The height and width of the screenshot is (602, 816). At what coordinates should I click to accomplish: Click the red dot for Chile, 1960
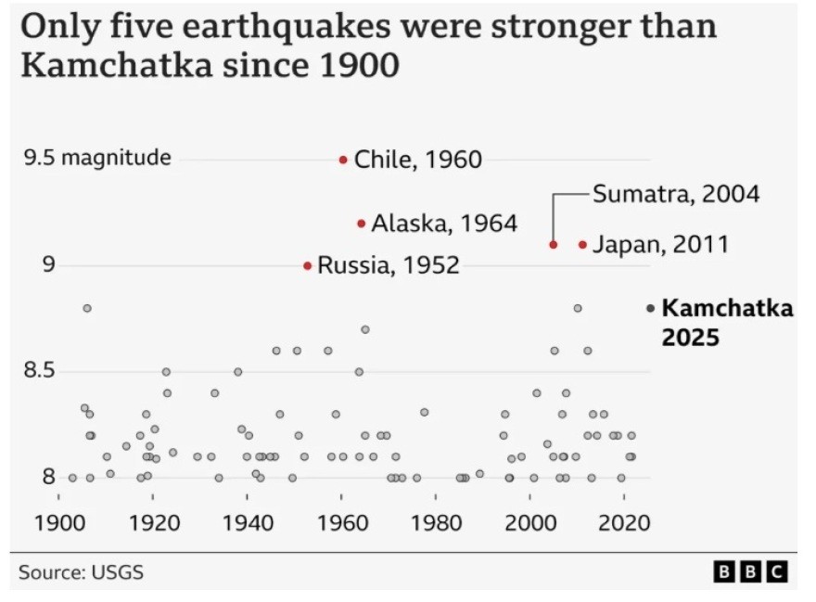pyautogui.click(x=343, y=160)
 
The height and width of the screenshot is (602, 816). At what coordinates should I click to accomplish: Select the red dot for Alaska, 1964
pyautogui.click(x=361, y=223)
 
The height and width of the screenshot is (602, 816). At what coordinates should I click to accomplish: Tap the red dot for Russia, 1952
pyautogui.click(x=307, y=265)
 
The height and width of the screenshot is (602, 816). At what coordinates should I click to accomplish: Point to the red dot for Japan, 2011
pyautogui.click(x=582, y=245)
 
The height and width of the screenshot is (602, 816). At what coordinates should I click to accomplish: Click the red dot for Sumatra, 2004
pyautogui.click(x=553, y=245)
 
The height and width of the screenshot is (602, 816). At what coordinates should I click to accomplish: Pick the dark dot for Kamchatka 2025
pyautogui.click(x=650, y=308)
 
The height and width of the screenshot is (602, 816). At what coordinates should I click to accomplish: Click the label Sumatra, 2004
pyautogui.click(x=676, y=195)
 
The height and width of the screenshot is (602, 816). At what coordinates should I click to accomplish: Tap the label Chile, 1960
pyautogui.click(x=418, y=160)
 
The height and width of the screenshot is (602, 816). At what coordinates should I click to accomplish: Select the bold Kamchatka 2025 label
pyautogui.click(x=728, y=322)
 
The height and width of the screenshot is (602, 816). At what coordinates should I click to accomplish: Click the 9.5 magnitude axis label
pyautogui.click(x=97, y=158)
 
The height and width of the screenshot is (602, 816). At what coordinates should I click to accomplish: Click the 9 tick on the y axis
pyautogui.click(x=48, y=265)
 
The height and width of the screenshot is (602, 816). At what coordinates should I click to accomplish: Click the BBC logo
pyautogui.click(x=750, y=571)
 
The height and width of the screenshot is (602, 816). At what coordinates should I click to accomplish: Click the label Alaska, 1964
pyautogui.click(x=444, y=223)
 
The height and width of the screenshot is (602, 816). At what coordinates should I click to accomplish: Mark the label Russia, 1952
pyautogui.click(x=389, y=265)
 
